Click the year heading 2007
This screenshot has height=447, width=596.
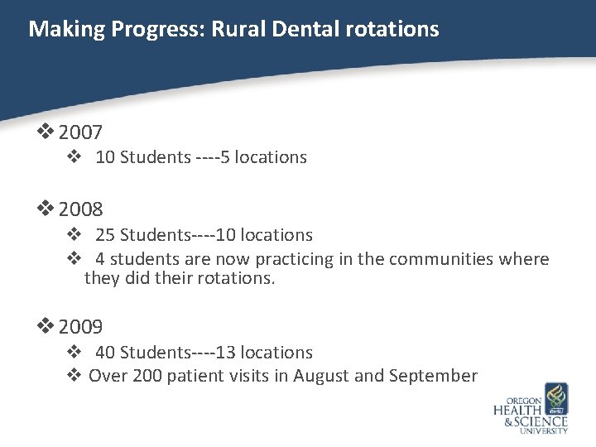pyautogui.click(x=80, y=132)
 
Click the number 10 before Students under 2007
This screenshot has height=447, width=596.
pyautogui.click(x=105, y=157)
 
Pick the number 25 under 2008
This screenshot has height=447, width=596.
pyautogui.click(x=105, y=236)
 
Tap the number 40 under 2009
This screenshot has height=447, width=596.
pyautogui.click(x=105, y=353)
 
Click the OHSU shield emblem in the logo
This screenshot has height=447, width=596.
pyautogui.click(x=555, y=398)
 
